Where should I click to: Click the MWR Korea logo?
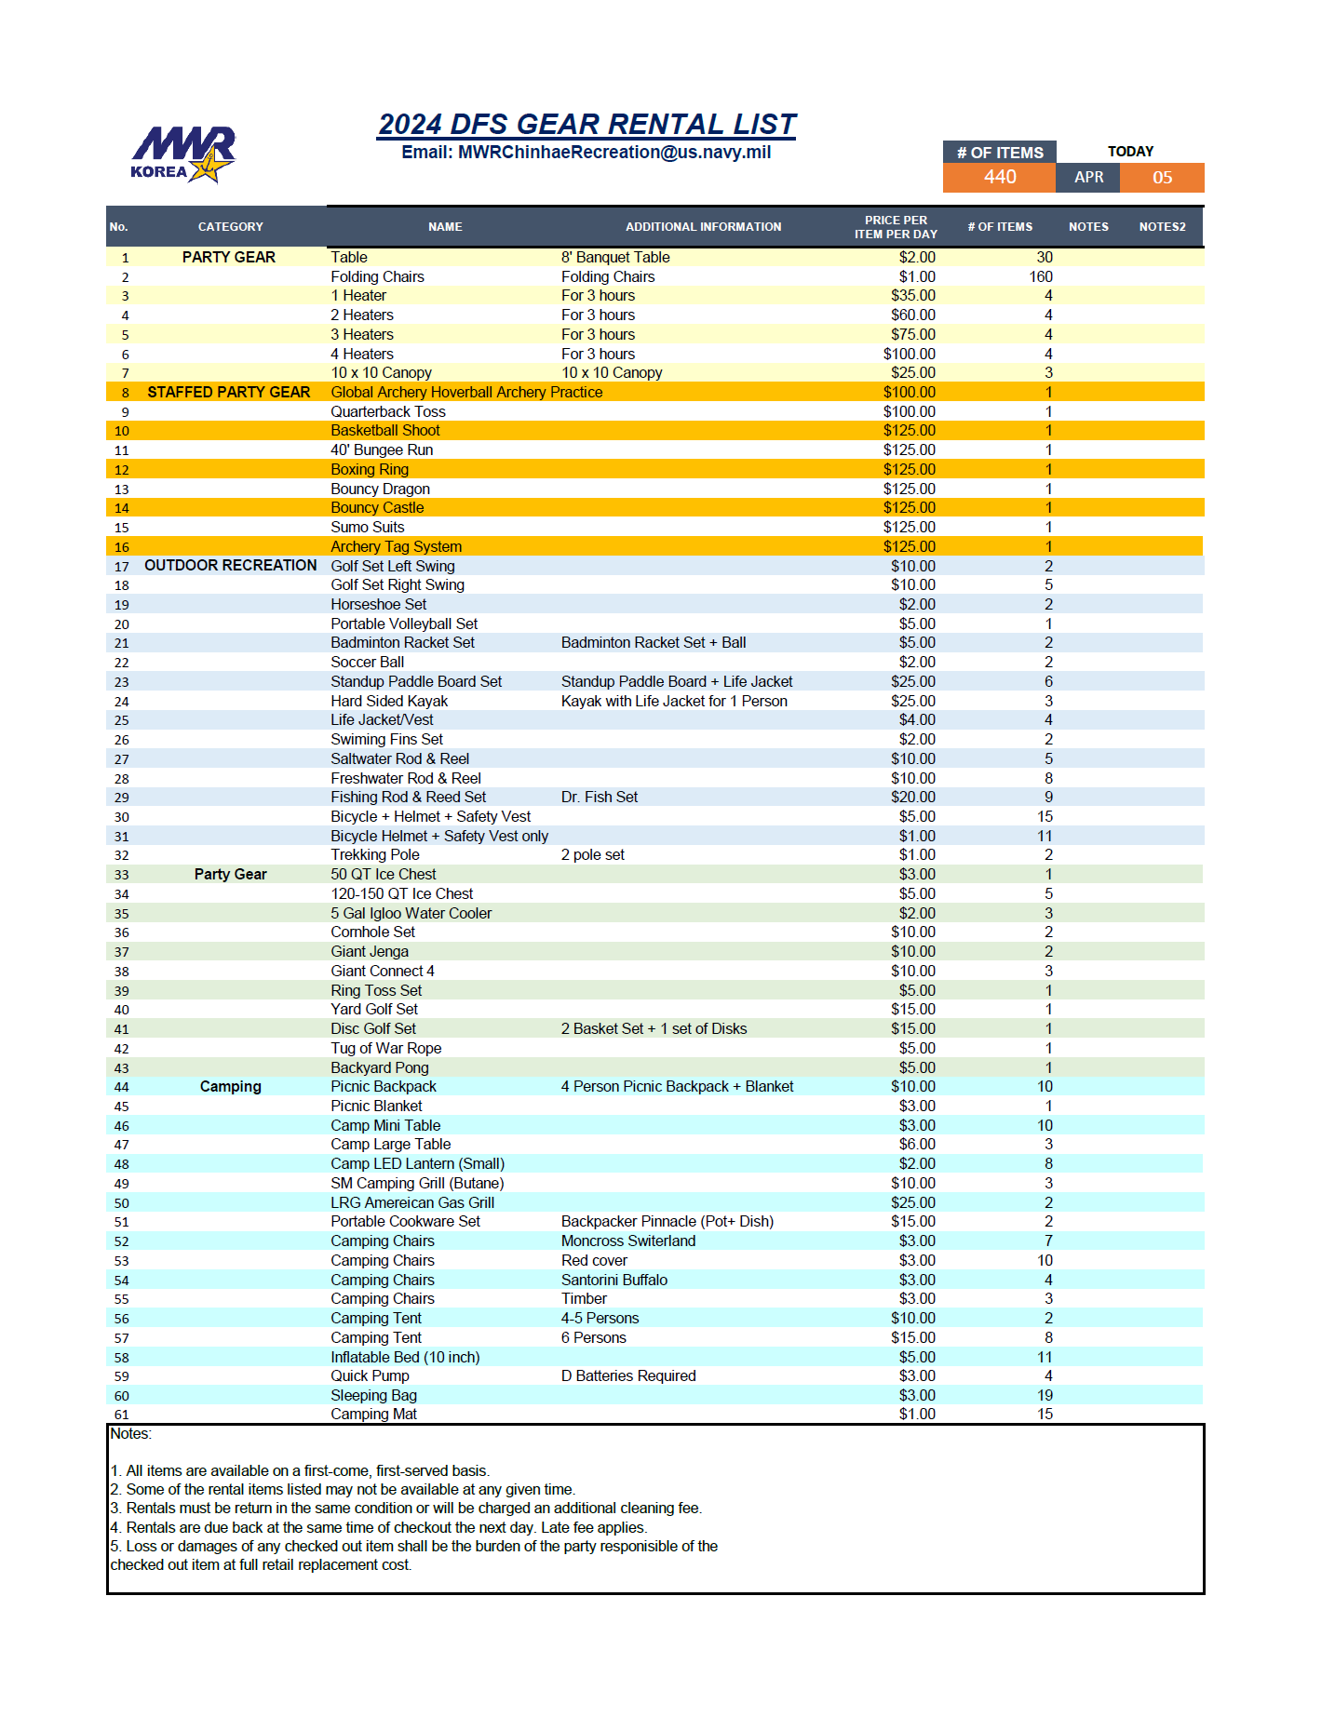pyautogui.click(x=183, y=154)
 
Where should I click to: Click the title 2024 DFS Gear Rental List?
pyautogui.click(x=587, y=124)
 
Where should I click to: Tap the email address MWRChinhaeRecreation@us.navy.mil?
pyautogui.click(x=587, y=153)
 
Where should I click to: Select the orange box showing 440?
pyautogui.click(x=999, y=178)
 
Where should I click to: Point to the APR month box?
pyautogui.click(x=1088, y=178)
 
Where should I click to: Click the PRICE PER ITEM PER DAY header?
pyautogui.click(x=896, y=227)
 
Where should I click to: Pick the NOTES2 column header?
pyautogui.click(x=1162, y=227)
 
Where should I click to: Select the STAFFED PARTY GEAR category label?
pyautogui.click(x=229, y=393)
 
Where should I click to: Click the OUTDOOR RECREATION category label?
pyautogui.click(x=230, y=566)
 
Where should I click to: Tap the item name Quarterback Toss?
pyautogui.click(x=388, y=411)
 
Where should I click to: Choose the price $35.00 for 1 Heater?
pyautogui.click(x=912, y=296)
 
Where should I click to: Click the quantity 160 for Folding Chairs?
pyautogui.click(x=1041, y=277)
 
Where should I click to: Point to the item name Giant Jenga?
pyautogui.click(x=370, y=952)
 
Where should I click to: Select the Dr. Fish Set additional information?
pyautogui.click(x=600, y=798)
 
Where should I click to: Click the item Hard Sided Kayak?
pyautogui.click(x=389, y=702)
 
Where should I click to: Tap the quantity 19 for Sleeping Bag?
pyautogui.click(x=1045, y=1396)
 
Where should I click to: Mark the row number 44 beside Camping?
pyautogui.click(x=122, y=1087)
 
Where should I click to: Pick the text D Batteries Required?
pyautogui.click(x=628, y=1376)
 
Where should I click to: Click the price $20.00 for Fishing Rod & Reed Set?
pyautogui.click(x=912, y=798)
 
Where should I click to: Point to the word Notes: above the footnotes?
pyautogui.click(x=131, y=1434)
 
